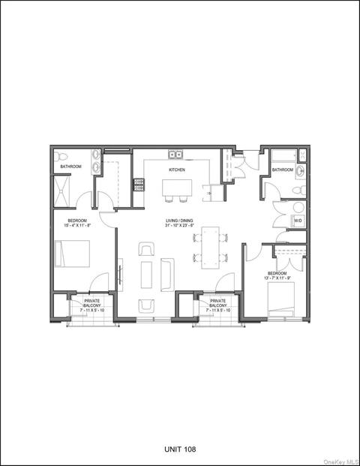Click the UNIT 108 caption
(180, 448)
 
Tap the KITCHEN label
(176, 170)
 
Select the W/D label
(297, 221)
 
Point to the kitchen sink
(175, 155)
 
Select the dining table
(210, 247)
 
